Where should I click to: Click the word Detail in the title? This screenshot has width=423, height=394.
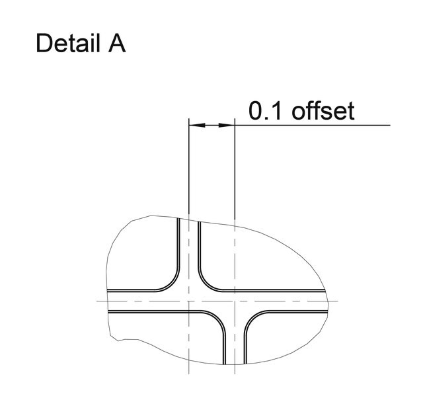[x=67, y=43]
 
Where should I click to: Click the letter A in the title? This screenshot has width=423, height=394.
[x=117, y=43]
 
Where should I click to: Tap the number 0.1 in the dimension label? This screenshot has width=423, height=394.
[x=266, y=110]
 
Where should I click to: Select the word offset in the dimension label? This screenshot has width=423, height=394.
[x=323, y=110]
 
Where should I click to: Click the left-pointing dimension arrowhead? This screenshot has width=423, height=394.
[x=197, y=125]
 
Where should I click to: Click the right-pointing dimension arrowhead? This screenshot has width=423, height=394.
[x=227, y=125]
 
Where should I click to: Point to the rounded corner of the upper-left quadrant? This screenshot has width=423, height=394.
[x=172, y=284]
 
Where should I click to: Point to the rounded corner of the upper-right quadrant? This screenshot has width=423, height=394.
[x=206, y=284]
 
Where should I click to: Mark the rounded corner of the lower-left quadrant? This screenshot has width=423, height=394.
[x=217, y=319]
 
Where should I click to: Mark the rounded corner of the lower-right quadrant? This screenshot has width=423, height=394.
[x=252, y=319]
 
